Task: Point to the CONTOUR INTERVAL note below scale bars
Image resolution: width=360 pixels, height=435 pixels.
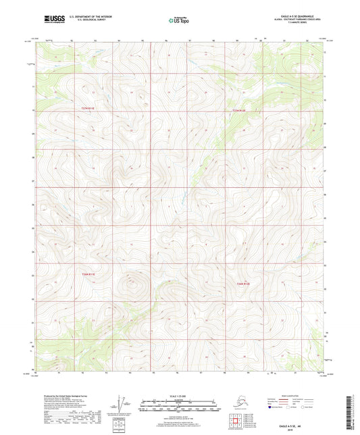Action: coord(178,413)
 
